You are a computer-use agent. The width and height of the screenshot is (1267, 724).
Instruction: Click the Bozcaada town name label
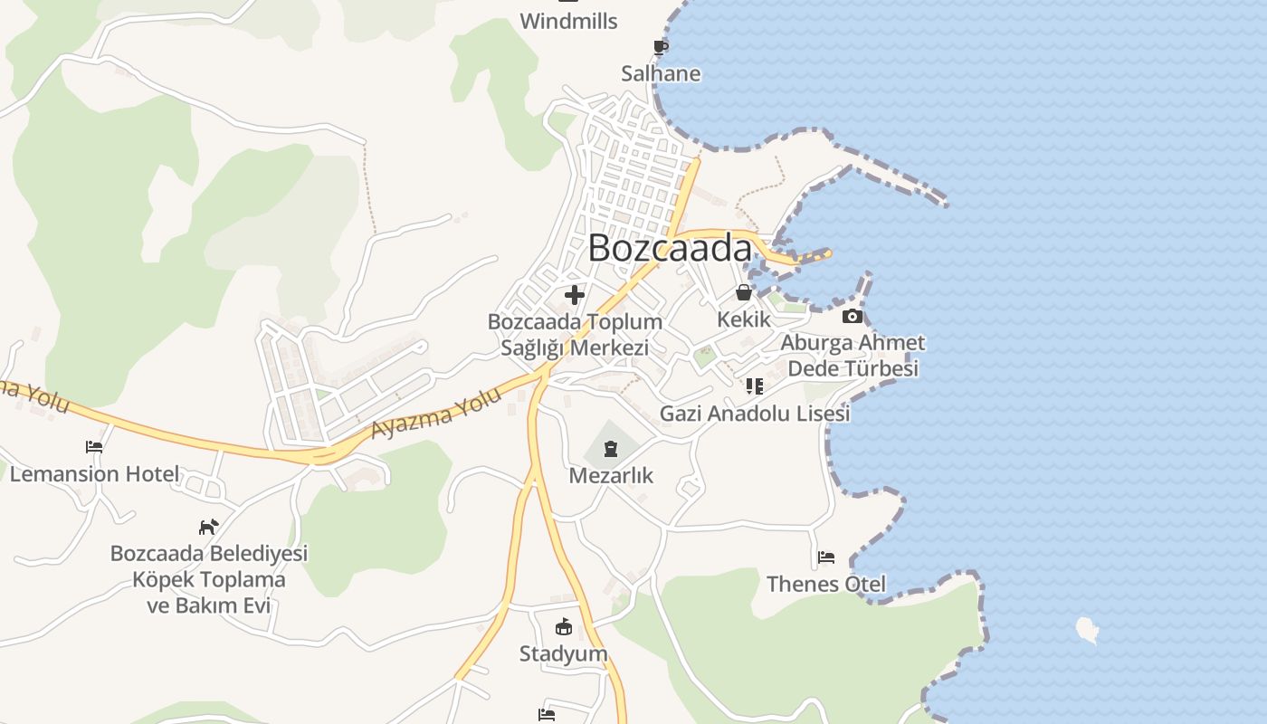pos(670,248)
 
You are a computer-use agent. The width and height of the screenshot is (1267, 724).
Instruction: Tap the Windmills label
pos(568,21)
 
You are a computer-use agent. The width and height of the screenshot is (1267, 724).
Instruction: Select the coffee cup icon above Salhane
pos(661,47)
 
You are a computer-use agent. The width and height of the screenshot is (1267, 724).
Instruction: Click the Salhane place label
pos(661,73)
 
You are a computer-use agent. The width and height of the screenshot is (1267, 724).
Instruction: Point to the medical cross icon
pos(574,294)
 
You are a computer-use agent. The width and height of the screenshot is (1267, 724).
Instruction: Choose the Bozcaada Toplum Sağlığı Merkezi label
pos(575,335)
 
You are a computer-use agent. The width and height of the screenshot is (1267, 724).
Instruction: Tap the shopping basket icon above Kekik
pos(743,292)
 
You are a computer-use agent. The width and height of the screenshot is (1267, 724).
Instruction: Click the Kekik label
pos(743,319)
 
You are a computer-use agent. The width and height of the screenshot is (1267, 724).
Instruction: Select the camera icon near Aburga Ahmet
pos(852,316)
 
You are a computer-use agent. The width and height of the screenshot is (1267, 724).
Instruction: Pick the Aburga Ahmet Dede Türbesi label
pos(853,356)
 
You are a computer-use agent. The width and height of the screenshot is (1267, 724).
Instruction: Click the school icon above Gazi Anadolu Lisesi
pos(755,386)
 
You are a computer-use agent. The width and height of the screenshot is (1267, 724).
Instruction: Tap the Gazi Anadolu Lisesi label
pos(755,414)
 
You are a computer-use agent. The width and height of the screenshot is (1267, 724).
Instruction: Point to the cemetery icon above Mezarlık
pos(611,448)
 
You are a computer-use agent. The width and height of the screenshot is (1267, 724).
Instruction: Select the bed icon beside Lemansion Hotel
pos(94,447)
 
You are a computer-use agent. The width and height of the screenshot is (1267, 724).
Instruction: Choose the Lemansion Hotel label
pos(95,473)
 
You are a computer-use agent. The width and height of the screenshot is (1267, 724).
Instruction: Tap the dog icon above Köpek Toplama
pos(209,526)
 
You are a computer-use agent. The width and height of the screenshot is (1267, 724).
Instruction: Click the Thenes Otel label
pos(826,584)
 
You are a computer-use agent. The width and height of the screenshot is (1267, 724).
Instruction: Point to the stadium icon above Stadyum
pos(563,626)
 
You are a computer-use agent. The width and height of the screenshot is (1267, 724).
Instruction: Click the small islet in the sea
pos(1087,630)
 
